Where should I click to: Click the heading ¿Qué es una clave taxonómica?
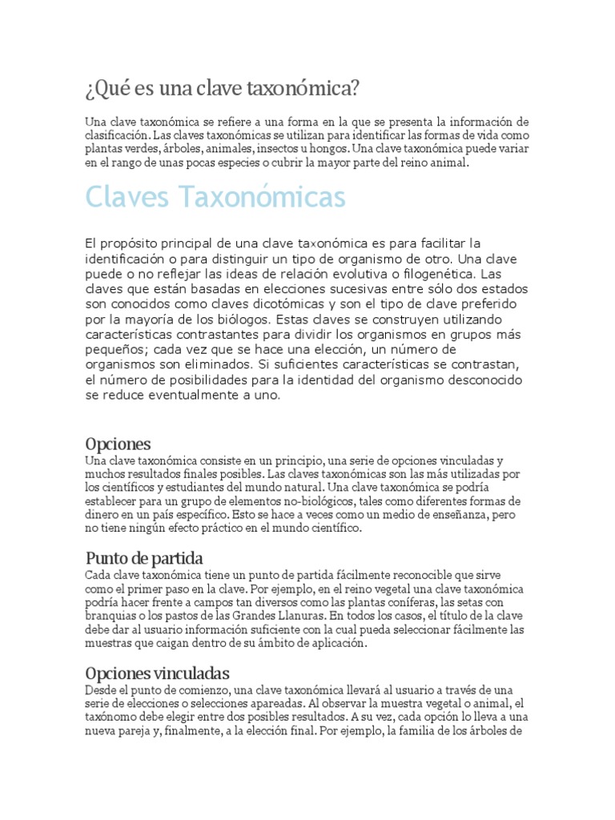pyautogui.click(x=222, y=86)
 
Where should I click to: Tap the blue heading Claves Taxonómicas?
pyautogui.click(x=215, y=197)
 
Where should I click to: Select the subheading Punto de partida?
pyautogui.click(x=144, y=557)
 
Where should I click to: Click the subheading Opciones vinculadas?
pyautogui.click(x=158, y=672)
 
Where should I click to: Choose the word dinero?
pyautogui.click(x=102, y=515)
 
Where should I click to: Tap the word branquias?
pyautogui.click(x=111, y=616)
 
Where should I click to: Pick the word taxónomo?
pyautogui.click(x=111, y=717)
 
